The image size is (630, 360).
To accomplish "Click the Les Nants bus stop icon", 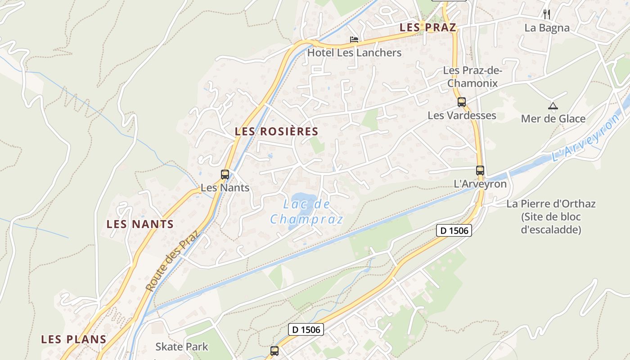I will pyautogui.click(x=225, y=174).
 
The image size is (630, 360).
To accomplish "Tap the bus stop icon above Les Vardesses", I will pyautogui.click(x=462, y=102).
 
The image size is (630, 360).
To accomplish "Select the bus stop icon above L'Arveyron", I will pyautogui.click(x=480, y=171).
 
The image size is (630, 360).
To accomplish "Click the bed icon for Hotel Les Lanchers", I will pyautogui.click(x=354, y=40).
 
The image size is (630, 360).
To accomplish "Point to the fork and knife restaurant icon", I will pyautogui.click(x=547, y=14).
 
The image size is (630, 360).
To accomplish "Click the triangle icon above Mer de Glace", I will pyautogui.click(x=553, y=106).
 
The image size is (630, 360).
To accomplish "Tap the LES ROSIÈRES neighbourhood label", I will pyautogui.click(x=276, y=132).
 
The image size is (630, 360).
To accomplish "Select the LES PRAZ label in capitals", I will pyautogui.click(x=428, y=27).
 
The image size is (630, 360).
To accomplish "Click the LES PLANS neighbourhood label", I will pyautogui.click(x=74, y=339).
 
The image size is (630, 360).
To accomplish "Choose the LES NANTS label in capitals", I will pyautogui.click(x=140, y=224).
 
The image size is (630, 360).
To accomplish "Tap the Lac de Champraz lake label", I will pyautogui.click(x=306, y=212).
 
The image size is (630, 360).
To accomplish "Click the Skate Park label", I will pyautogui.click(x=182, y=346).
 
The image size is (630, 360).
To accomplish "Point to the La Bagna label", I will pyautogui.click(x=547, y=28).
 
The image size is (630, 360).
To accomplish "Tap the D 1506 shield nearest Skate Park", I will pyautogui.click(x=306, y=329).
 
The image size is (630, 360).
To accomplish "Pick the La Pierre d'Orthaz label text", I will pyautogui.click(x=551, y=216).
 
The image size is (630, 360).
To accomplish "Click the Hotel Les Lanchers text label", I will pyautogui.click(x=354, y=53).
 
